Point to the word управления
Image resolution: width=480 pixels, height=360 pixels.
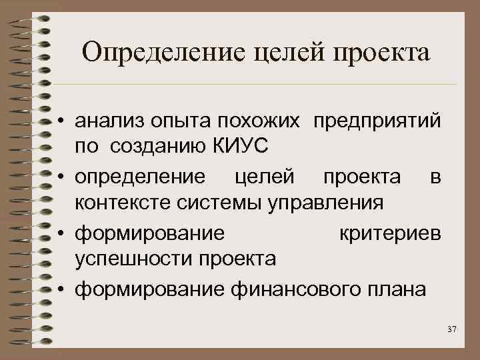(x=325, y=201)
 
